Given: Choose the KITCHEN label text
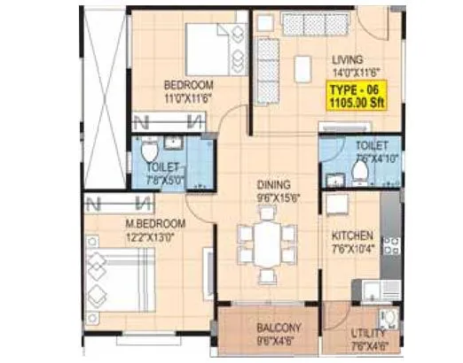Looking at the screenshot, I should click(x=352, y=236).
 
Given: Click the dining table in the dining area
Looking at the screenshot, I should click(x=264, y=244).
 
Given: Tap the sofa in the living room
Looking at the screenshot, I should click(x=268, y=65).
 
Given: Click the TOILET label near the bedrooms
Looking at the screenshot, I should click(x=162, y=166).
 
